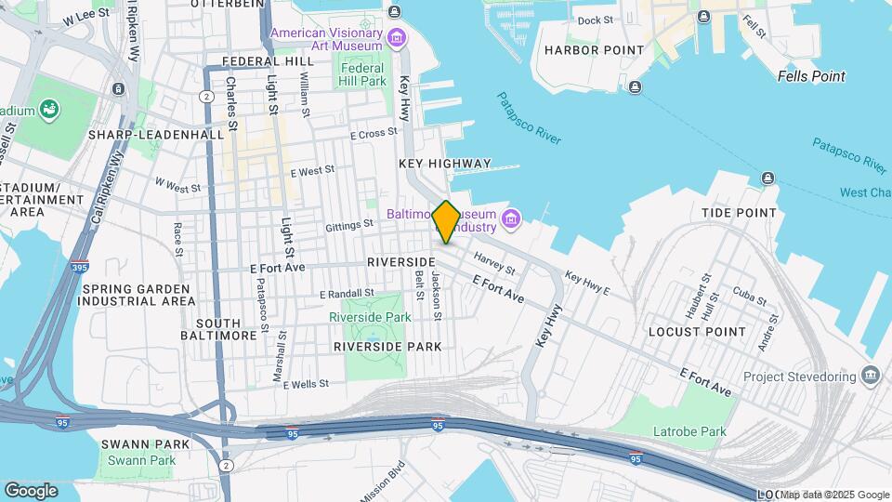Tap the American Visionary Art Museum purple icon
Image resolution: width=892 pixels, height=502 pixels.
398,38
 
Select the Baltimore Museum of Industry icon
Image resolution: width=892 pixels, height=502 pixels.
509,218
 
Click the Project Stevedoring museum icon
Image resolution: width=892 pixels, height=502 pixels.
871,376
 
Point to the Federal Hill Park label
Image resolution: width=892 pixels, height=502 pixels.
362,74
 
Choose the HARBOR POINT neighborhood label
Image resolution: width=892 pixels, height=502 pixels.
594,50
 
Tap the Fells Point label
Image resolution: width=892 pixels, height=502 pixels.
811,76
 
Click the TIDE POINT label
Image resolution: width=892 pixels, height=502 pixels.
739,213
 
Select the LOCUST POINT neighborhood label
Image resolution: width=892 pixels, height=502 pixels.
697,331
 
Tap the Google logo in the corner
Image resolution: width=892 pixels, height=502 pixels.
31,490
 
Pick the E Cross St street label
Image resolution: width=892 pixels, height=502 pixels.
374,134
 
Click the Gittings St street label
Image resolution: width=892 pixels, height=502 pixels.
349,224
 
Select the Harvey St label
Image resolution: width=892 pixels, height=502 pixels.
494,263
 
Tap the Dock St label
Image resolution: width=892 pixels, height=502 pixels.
595,20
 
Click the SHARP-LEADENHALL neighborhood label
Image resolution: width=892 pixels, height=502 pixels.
156,134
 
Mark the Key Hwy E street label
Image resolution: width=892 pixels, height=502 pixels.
587,284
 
